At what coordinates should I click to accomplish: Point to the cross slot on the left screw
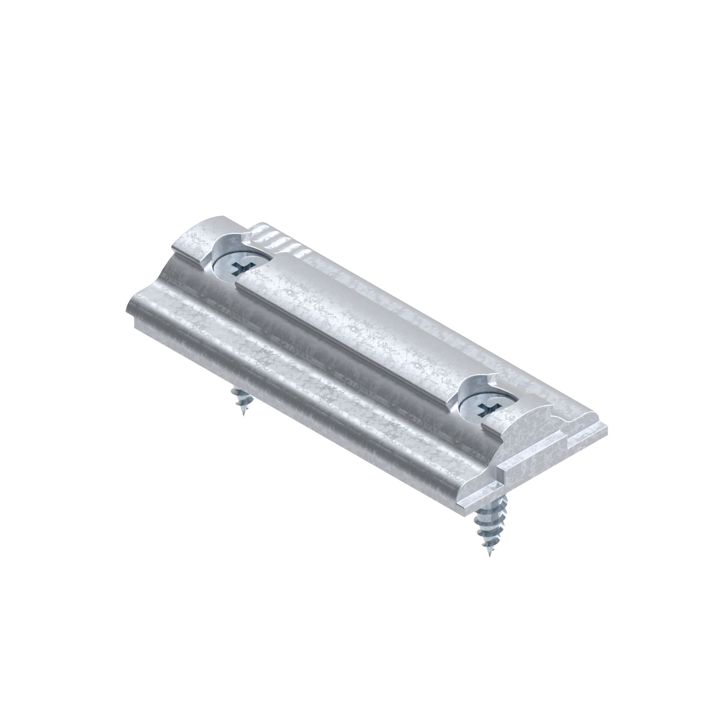pyautogui.click(x=240, y=267)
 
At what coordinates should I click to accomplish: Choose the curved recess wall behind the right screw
pyautogui.click(x=469, y=388)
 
